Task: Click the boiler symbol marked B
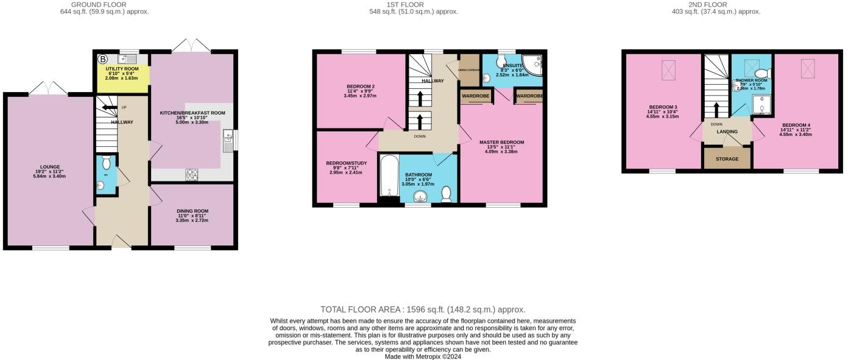[103, 59]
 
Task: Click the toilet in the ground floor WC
[107, 163]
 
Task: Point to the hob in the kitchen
[192, 175]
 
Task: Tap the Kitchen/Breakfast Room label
[193, 113]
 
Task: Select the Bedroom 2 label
[360, 86]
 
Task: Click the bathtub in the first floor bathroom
[389, 176]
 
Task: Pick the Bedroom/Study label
[346, 163]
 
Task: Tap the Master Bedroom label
[501, 143]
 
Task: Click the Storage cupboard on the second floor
[726, 158]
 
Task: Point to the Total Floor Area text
[423, 309]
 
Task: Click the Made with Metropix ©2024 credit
[423, 357]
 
